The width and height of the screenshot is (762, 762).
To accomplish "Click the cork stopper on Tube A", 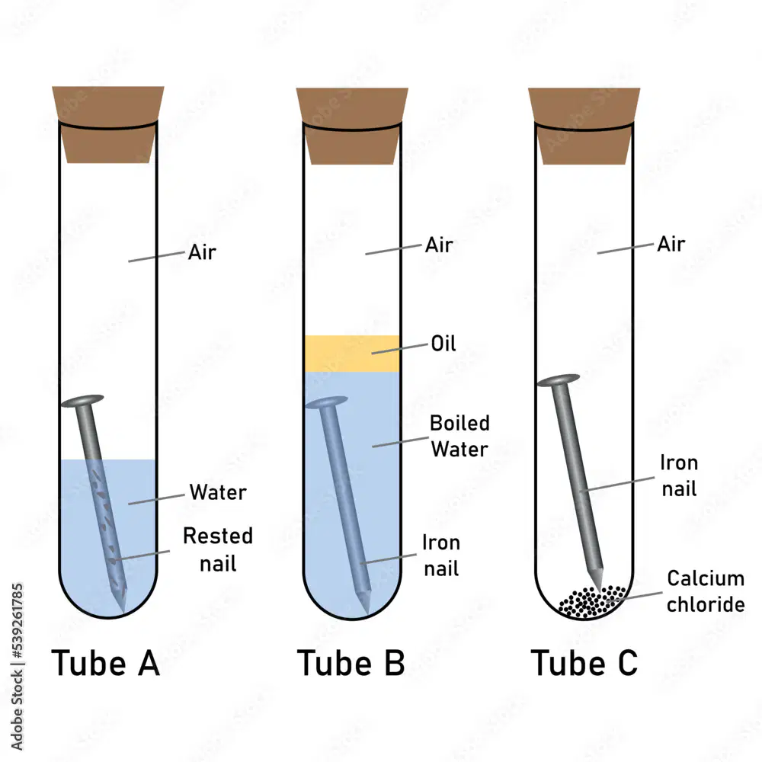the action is point(108,124).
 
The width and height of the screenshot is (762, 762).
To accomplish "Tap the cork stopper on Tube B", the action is point(352,126).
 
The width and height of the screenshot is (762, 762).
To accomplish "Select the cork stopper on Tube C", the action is point(584,126).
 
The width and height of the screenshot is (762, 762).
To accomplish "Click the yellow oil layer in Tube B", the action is point(352,354).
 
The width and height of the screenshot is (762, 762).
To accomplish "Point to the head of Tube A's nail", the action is point(82,401).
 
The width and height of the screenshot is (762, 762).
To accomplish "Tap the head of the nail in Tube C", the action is point(559,380).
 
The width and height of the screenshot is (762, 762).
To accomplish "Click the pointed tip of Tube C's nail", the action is point(599,588).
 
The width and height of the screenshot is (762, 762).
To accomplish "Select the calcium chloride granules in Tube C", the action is point(592,602).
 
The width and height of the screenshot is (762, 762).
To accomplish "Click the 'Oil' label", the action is point(443,344).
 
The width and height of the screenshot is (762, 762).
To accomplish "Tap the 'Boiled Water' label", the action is point(459,436).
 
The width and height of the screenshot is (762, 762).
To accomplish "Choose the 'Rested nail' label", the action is point(218,549).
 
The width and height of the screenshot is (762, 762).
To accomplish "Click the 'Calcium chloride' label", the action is point(706,591).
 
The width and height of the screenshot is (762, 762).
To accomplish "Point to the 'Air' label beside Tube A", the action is point(202,252).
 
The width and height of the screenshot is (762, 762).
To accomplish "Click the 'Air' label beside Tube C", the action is point(671,244).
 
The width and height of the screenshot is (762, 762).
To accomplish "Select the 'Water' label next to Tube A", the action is point(218,492).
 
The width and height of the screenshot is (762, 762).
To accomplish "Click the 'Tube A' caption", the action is point(105,663).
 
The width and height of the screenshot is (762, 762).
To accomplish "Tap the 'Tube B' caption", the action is point(351,663).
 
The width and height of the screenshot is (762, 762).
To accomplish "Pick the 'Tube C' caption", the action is point(584,663).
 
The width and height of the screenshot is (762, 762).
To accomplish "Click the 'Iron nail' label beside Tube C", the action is point(680,475).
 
